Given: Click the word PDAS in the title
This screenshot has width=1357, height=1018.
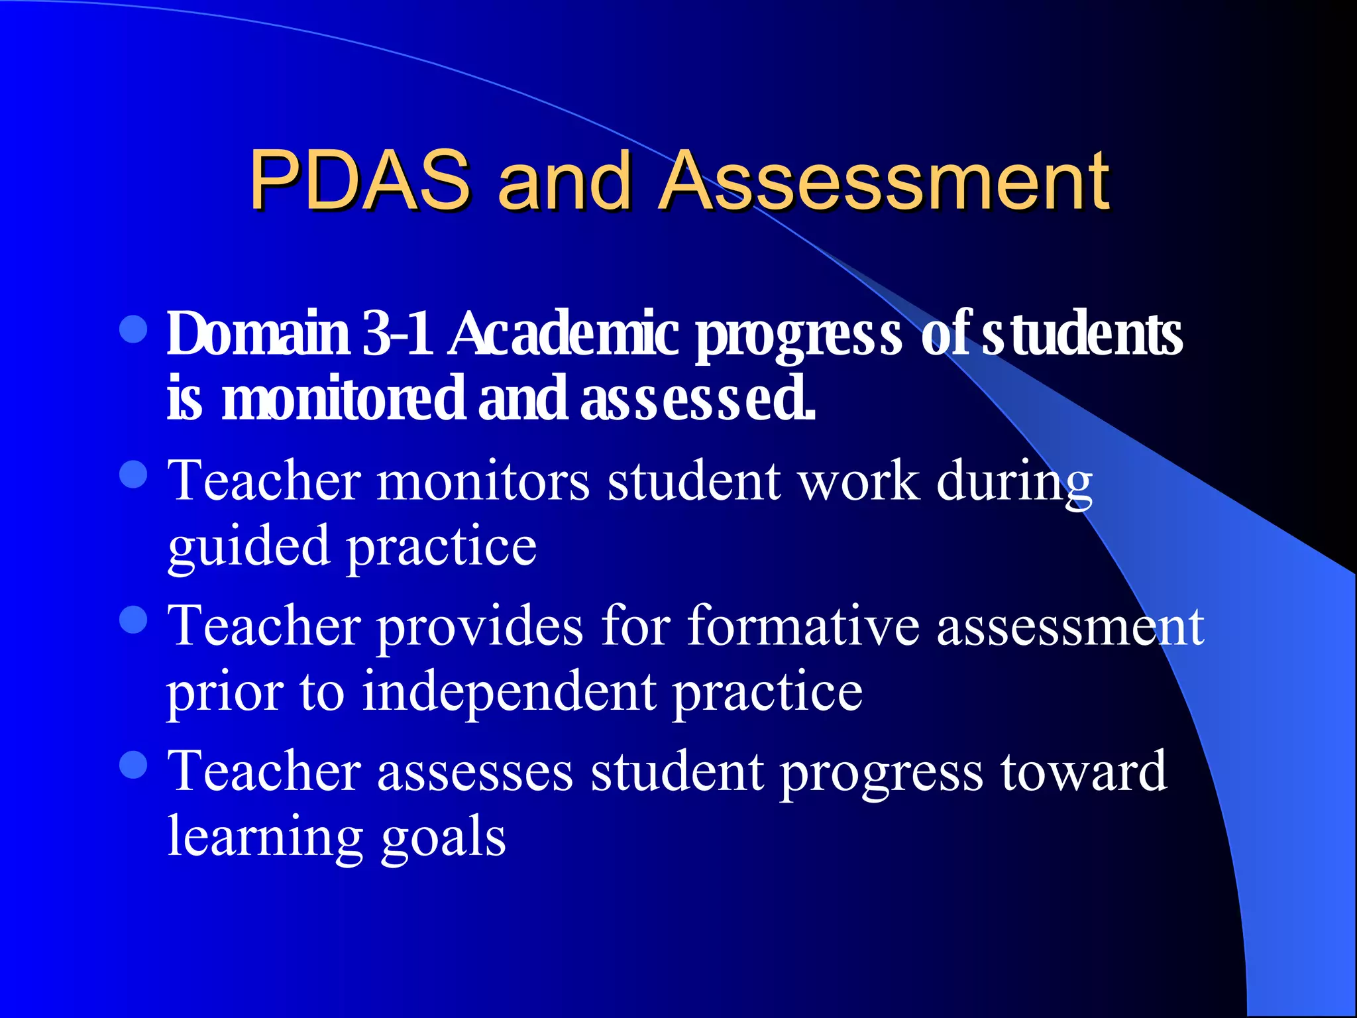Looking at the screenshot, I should click(x=360, y=180).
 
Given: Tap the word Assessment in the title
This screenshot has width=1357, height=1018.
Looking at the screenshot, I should click(x=884, y=180).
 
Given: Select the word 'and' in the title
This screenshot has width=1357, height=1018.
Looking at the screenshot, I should click(x=564, y=180).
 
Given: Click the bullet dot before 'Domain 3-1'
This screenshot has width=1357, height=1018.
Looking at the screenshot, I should click(x=134, y=329).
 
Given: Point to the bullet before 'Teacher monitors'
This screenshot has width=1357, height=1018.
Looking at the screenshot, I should click(x=134, y=475).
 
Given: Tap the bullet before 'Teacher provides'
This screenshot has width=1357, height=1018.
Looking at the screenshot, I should click(x=134, y=620).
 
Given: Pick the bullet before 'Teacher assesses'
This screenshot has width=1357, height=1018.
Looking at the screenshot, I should click(x=134, y=765).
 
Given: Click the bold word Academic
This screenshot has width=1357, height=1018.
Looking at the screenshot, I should click(x=564, y=333).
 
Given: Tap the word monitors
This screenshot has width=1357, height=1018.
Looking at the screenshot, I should click(x=483, y=481).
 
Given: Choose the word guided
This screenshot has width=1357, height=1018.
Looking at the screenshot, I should click(x=248, y=547).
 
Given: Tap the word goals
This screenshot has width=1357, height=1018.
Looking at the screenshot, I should click(x=443, y=836).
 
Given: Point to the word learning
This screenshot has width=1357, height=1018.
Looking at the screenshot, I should click(x=265, y=836).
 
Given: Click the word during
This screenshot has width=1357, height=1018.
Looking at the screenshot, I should click(x=1014, y=481).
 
